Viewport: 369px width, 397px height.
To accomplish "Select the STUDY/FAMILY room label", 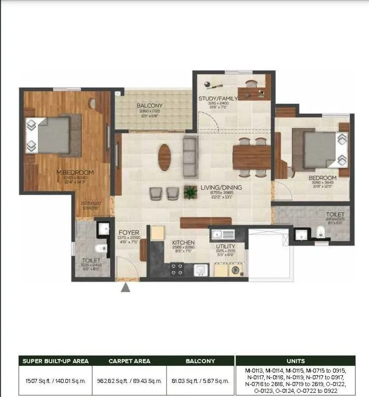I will pos(218,98).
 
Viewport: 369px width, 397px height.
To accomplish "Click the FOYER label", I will pos(128,233).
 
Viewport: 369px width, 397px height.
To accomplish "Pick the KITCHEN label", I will pos(183,242).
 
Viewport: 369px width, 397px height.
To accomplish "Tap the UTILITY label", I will pos(226,246).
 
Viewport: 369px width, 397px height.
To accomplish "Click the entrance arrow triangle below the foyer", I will pos(126,287).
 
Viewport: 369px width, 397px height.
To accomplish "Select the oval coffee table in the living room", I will pos(164,157).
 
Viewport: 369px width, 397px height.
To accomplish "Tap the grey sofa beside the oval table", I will pos(190,156).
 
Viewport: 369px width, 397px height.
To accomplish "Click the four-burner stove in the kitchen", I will pos(177,270).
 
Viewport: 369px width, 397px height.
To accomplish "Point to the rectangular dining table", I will pos(251,158).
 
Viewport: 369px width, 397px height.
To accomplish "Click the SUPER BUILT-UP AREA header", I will pos(56,361).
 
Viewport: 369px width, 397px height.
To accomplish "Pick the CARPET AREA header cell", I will pos(129,361).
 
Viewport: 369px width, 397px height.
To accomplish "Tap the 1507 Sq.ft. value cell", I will pos(56,381).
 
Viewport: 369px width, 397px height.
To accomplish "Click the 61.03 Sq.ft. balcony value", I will pos(200,381).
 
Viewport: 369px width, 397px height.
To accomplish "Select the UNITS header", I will pos(295,361).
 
